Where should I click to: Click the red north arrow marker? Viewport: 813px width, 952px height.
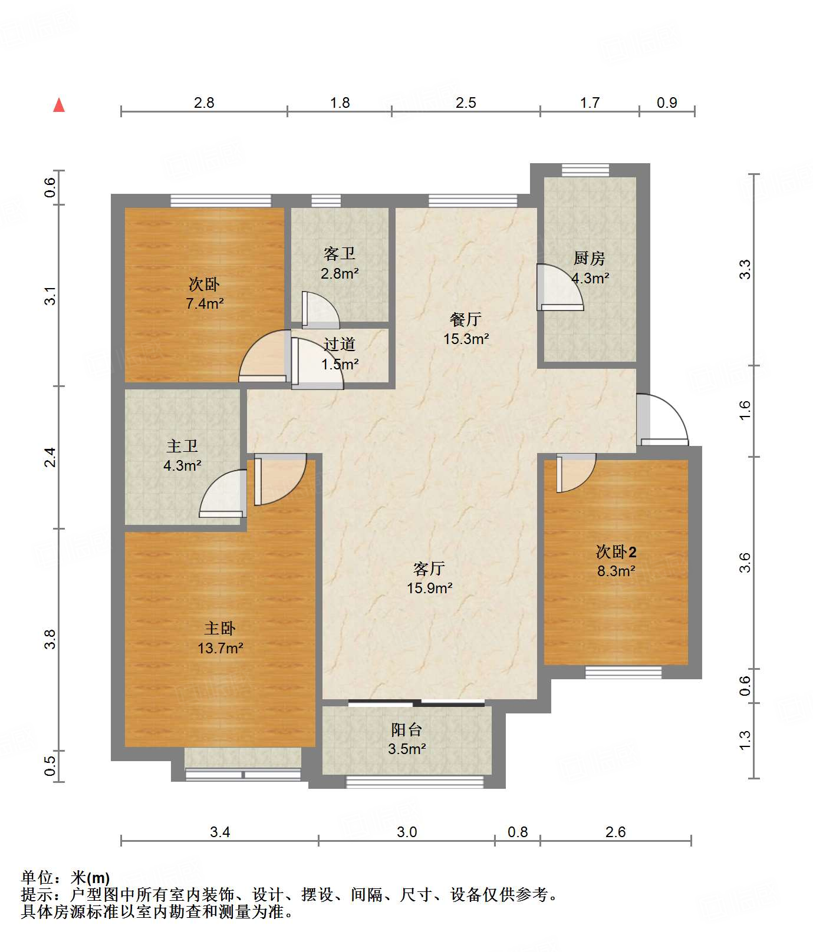59,105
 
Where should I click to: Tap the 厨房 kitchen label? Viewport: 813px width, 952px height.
589,258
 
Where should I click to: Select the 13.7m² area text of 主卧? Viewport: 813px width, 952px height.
220,648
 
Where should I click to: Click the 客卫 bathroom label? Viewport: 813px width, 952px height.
340,254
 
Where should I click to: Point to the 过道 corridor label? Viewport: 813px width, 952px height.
340,345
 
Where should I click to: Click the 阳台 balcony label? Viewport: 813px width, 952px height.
407,730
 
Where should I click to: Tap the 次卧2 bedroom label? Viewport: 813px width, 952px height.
616,552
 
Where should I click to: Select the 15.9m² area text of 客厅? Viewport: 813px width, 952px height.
430,588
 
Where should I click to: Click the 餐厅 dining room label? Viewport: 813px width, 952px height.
466,319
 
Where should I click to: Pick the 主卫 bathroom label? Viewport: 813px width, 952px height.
182,447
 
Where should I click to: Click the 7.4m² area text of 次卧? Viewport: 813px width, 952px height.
205,304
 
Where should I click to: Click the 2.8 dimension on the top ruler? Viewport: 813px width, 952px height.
204,103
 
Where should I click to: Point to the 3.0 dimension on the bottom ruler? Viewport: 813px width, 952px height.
407,832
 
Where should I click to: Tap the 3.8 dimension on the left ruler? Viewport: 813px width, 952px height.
51,640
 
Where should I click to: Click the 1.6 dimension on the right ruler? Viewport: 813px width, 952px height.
745,410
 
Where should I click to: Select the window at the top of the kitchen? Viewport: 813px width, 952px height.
585,170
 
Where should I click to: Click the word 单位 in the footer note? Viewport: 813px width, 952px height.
37,878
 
